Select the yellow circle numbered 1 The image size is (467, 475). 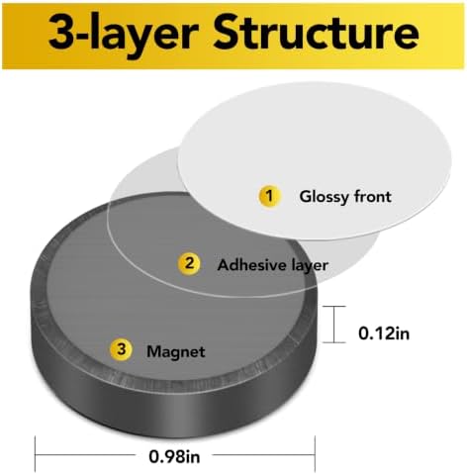click(x=270, y=196)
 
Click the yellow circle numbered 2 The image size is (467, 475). click(x=189, y=263)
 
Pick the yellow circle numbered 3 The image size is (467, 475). click(x=121, y=349)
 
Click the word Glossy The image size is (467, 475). click(x=324, y=197)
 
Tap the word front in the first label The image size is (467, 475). click(x=373, y=196)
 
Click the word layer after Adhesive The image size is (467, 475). click(x=310, y=266)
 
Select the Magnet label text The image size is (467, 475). click(x=176, y=351)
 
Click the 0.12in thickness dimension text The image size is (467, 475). click(x=384, y=333)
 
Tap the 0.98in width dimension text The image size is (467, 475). click(x=174, y=457)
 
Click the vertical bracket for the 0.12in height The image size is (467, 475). click(x=334, y=325)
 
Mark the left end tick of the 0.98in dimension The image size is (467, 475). click(x=36, y=454)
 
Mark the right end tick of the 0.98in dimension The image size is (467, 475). click(x=315, y=454)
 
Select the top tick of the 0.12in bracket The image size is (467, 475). click(x=334, y=306)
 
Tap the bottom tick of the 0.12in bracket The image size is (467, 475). click(x=334, y=342)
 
